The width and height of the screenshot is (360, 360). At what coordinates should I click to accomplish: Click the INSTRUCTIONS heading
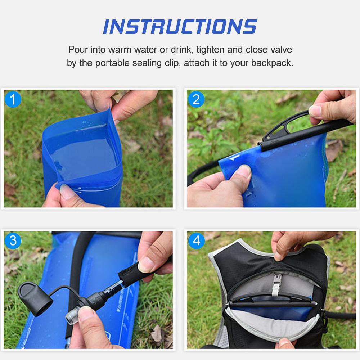point(180,27)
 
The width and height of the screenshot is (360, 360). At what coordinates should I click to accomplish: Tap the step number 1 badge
point(13,99)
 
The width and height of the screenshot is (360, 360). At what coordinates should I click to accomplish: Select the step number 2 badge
point(196,99)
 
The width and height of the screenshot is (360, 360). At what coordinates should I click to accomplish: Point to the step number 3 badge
point(13,240)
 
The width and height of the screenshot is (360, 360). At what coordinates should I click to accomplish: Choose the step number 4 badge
point(196,240)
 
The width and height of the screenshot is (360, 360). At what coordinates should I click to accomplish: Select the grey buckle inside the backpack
point(278,283)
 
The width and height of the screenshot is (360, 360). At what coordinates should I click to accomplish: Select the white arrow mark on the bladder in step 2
point(234,158)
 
